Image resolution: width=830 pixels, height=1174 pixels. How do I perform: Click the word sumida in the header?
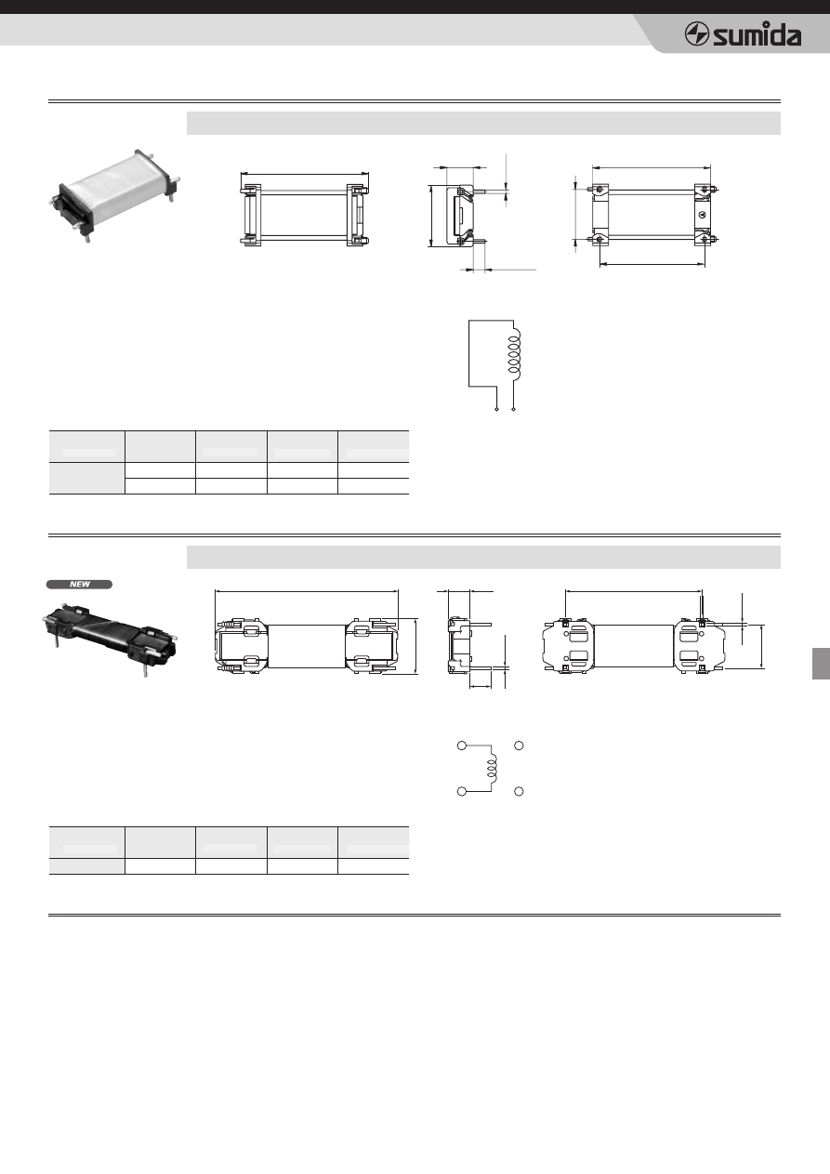[x=757, y=35]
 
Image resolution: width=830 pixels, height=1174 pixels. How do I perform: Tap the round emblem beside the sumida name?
[x=697, y=35]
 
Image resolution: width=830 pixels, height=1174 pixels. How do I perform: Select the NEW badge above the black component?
[x=79, y=585]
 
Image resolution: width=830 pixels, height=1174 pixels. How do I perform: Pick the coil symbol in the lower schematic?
[x=493, y=769]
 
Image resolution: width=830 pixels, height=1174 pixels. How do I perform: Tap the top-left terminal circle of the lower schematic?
[x=462, y=745]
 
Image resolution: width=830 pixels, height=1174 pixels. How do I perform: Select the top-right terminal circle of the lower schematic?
[x=519, y=745]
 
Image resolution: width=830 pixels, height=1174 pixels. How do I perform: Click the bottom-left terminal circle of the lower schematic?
[x=462, y=791]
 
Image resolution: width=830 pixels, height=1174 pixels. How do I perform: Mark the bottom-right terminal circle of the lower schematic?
[x=519, y=791]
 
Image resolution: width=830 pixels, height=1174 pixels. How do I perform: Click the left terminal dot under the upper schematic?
[x=496, y=409]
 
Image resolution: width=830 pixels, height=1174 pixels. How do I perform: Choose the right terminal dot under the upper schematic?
[x=513, y=409]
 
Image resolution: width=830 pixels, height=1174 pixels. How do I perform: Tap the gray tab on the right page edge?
[x=821, y=664]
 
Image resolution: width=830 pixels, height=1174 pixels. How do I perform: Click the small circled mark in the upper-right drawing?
[x=705, y=214]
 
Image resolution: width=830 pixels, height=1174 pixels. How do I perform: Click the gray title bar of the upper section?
[x=483, y=124]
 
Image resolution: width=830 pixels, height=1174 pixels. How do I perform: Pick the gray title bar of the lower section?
[x=483, y=557]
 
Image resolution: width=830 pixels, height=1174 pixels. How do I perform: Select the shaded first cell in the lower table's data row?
[x=87, y=866]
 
